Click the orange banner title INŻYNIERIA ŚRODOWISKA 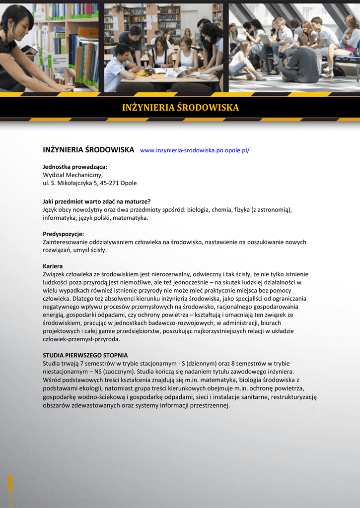[180, 108]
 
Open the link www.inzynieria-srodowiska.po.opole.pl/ [195, 150]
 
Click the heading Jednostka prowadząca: [75, 167]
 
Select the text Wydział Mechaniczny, [72, 175]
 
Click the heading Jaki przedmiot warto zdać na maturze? [97, 201]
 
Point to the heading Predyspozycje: [64, 234]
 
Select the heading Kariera [53, 266]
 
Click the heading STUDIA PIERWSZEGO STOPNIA [85, 355]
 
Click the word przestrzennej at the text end [211, 405]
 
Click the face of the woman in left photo [19, 26]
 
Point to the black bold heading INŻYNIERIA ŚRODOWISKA [88, 149]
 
